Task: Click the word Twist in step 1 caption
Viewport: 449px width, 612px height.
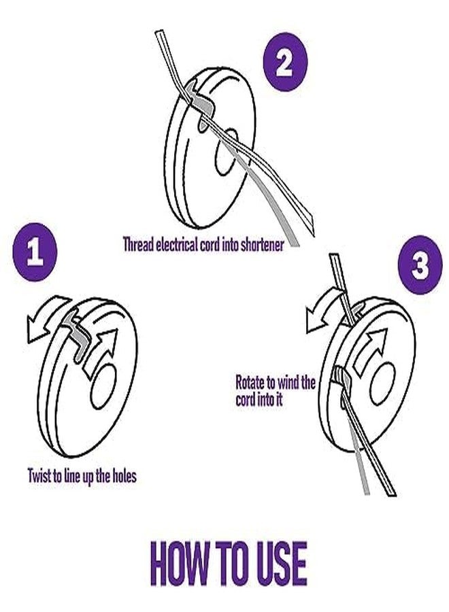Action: point(40,475)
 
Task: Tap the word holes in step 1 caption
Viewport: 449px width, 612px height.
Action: point(122,475)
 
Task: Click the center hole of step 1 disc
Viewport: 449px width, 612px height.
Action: point(103,385)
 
